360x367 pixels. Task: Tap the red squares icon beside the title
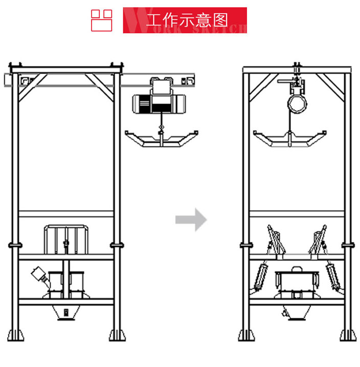click(x=101, y=20)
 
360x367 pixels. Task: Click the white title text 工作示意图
click(x=187, y=20)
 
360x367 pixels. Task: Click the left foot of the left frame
click(x=17, y=335)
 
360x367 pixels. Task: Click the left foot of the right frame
click(x=246, y=335)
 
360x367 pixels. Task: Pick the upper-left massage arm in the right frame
click(x=275, y=240)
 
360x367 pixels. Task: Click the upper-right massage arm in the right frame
click(x=318, y=240)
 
